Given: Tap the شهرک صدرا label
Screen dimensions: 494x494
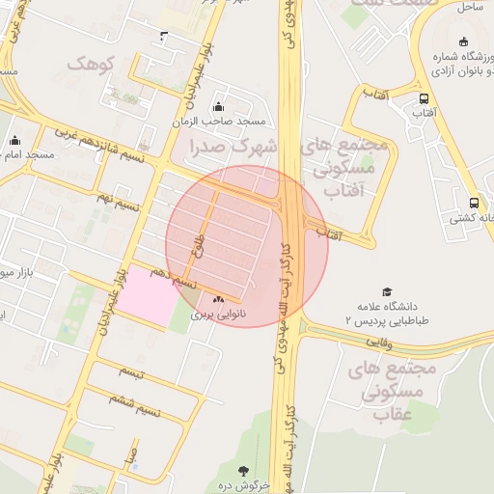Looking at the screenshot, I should coord(233,148).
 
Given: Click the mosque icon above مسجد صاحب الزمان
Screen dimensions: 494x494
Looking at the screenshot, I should coord(218,106).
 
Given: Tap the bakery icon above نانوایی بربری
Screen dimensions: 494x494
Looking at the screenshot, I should coord(218,299).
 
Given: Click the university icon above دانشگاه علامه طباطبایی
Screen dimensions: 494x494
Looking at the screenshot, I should coord(388,291).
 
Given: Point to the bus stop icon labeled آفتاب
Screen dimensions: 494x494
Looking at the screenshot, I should coord(425,98).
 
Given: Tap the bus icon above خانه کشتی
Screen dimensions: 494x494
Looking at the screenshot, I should coord(473,203).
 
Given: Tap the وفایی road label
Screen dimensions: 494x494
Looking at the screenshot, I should coord(378,341).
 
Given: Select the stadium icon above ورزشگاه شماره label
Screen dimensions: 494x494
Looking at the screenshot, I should coord(465,41).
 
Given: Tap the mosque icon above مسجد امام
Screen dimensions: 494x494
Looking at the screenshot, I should coord(14,139).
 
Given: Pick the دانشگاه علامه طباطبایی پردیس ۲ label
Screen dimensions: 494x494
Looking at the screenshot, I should coord(385,311).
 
